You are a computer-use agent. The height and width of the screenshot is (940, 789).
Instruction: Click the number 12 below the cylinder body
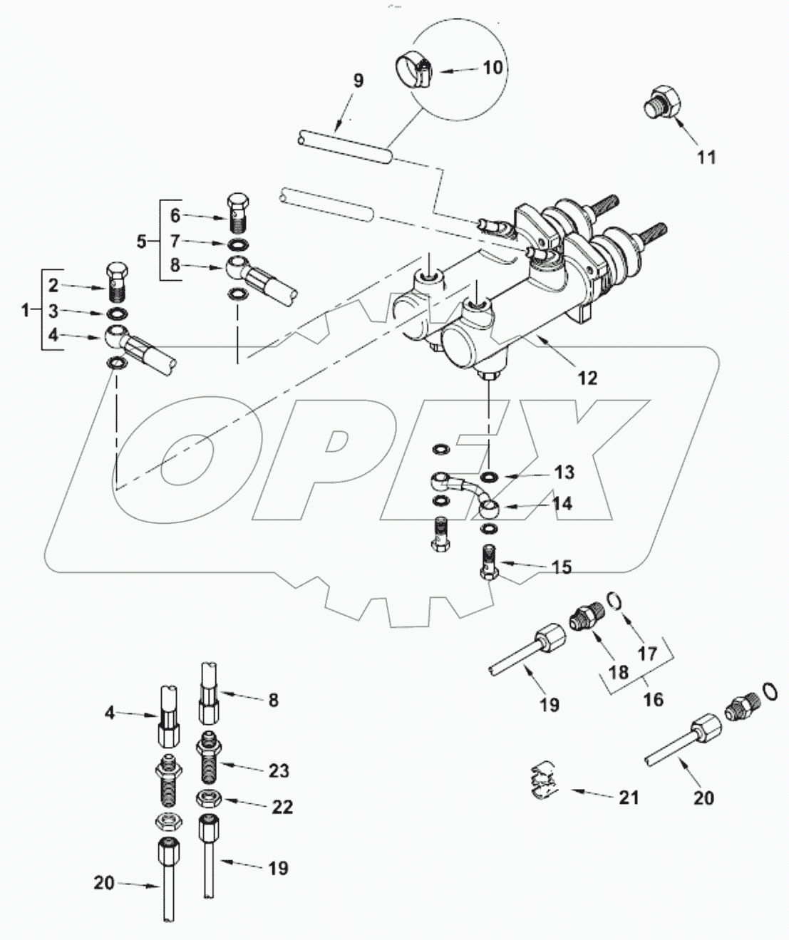[x=587, y=378]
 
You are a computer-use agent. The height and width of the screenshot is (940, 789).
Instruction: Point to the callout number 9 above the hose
[x=358, y=81]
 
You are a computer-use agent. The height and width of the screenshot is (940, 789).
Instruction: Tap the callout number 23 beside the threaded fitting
[x=278, y=770]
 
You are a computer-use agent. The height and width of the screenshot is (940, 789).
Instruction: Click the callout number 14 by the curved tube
[x=562, y=504]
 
